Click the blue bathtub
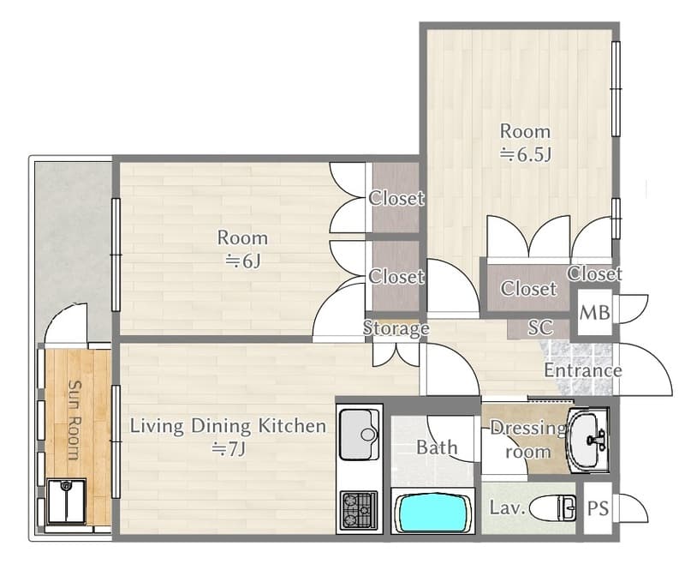coord(432,512)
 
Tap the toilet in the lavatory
coord(553,508)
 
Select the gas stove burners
coord(359,510)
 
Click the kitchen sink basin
coord(359,435)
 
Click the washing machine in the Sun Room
coord(66,502)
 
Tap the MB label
coord(594,313)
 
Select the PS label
coord(598,508)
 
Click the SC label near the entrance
coord(540,327)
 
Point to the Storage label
coord(396,328)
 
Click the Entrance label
coord(583,370)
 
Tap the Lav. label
coord(507,507)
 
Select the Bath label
coord(437,447)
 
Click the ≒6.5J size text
coord(526,155)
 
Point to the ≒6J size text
coord(242,261)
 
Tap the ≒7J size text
coord(229,448)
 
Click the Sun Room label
coord(74,420)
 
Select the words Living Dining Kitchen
coord(228,426)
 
